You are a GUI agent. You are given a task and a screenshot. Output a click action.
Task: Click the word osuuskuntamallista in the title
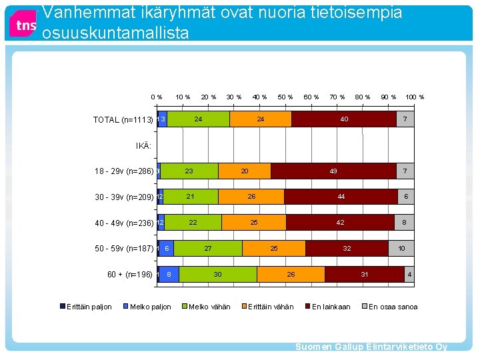pos(115,33)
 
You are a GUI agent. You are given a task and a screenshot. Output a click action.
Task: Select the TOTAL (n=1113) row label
pos(123,120)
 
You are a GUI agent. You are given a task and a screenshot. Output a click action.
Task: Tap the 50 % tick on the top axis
pos(285,97)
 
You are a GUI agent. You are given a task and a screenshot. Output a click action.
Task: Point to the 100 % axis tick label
pos(415,97)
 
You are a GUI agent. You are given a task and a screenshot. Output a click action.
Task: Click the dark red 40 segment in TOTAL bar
pos(344,119)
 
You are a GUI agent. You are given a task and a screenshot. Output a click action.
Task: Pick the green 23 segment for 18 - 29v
pos(189,171)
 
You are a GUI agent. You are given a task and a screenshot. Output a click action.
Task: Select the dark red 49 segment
pos(333,171)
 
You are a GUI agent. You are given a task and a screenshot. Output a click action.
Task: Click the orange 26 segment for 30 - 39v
pos(251,197)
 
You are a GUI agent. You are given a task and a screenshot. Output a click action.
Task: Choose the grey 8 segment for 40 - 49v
pos(404,223)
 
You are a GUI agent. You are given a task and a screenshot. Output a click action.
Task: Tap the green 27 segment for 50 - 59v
pos(208,248)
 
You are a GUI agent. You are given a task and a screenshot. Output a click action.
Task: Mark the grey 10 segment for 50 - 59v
pos(401,248)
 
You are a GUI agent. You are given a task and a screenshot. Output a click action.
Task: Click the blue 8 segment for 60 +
pos(169,274)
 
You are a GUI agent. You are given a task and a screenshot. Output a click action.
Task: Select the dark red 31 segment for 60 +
pos(364,274)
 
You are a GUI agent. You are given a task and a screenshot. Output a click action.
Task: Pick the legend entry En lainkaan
pos(331,307)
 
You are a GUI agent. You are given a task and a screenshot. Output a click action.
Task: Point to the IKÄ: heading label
pos(143,145)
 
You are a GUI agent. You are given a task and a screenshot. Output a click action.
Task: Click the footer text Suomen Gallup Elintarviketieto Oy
pos(371,347)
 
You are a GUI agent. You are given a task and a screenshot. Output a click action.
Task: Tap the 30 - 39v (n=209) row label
pos(124,197)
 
